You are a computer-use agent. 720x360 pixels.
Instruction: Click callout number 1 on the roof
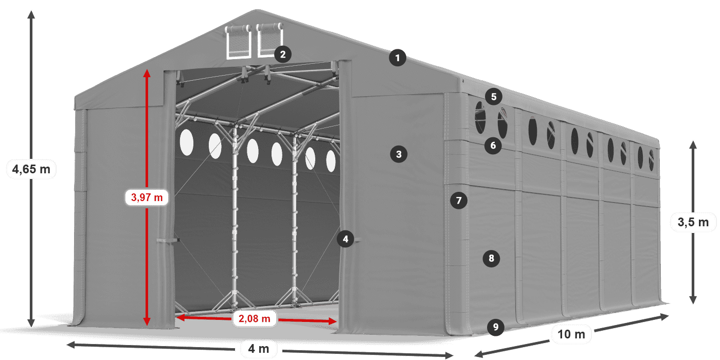pyautogui.click(x=398, y=58)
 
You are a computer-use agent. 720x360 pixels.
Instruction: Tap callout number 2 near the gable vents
pyautogui.click(x=283, y=54)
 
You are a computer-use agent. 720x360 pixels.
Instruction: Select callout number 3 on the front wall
pyautogui.click(x=399, y=153)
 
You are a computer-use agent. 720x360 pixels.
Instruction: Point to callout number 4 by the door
pyautogui.click(x=346, y=239)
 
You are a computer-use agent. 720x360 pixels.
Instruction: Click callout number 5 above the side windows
pyautogui.click(x=494, y=96)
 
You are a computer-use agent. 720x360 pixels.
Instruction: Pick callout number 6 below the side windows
pyautogui.click(x=493, y=146)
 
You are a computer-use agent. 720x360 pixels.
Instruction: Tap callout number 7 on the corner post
pyautogui.click(x=459, y=200)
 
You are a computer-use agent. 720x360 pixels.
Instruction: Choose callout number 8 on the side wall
pyautogui.click(x=491, y=258)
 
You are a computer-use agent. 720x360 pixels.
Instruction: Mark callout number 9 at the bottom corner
pyautogui.click(x=495, y=327)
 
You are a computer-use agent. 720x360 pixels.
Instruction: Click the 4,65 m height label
pyautogui.click(x=31, y=169)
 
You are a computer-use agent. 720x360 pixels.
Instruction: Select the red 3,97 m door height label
pyautogui.click(x=147, y=196)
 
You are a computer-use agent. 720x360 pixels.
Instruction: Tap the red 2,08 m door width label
pyautogui.click(x=255, y=319)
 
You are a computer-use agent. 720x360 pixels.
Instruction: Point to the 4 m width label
pyautogui.click(x=259, y=349)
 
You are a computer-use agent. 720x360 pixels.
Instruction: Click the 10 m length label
pyautogui.click(x=571, y=335)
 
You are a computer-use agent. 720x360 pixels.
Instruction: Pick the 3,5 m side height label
pyautogui.click(x=693, y=222)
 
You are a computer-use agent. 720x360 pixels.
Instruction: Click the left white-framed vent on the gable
pyautogui.click(x=238, y=41)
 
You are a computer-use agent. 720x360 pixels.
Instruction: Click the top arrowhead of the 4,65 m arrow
pyautogui.click(x=31, y=13)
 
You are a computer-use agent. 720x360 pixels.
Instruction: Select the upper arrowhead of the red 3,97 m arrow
pyautogui.click(x=147, y=73)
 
